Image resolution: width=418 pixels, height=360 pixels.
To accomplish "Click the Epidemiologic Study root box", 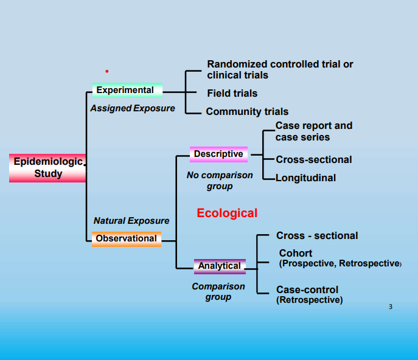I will point(47,168).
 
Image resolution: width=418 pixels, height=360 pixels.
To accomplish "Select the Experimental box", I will point(127,90).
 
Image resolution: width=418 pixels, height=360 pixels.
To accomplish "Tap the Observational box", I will point(126,238).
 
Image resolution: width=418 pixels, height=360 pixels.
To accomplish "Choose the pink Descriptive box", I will point(218,154).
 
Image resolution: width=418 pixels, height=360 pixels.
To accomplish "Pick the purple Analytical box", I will point(220,266).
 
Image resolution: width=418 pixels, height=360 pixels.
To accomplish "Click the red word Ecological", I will point(227,213).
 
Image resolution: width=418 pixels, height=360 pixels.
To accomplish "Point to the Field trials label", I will point(232,93).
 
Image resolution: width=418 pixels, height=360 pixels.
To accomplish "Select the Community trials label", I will point(247,111).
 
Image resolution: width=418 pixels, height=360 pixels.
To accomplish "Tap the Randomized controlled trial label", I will point(280,69).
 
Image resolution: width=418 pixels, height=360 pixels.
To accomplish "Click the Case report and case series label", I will point(313,131).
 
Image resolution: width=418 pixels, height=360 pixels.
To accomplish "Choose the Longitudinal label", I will point(305,178).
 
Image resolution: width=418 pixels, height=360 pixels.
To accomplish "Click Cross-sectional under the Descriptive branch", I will point(313,159).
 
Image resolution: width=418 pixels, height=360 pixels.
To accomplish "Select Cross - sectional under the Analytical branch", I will point(317,235).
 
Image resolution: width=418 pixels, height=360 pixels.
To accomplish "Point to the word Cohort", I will point(296,253).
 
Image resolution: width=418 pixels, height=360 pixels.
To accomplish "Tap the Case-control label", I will point(307,289).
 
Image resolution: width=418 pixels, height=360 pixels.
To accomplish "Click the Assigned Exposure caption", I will point(133,108).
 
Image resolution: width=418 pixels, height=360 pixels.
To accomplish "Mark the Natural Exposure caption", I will point(131,221).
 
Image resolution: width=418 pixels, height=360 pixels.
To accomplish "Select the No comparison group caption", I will point(220,181).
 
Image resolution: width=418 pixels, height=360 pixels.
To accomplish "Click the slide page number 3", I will point(391,306).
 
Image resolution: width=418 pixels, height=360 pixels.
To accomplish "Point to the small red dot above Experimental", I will point(106,71).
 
